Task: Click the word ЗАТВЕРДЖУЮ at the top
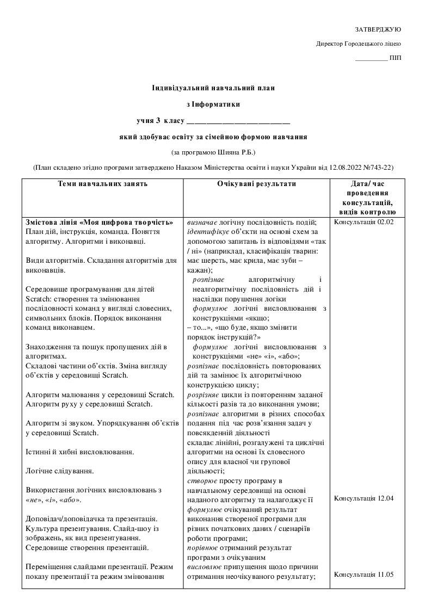tap(378, 29)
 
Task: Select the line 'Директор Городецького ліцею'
tap(359, 44)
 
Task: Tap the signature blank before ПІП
tap(371, 58)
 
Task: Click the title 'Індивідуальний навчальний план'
tap(213, 88)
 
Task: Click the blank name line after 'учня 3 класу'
tap(238, 120)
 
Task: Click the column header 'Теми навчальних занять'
tap(103, 184)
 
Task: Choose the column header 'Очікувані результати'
tap(256, 184)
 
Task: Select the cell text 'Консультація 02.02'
tap(363, 223)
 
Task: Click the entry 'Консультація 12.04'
tap(363, 498)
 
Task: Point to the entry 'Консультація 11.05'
tap(363, 575)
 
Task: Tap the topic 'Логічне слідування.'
tap(60, 471)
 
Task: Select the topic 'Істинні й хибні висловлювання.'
tap(80, 452)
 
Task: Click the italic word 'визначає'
tap(202, 223)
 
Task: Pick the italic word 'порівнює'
tap(203, 548)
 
